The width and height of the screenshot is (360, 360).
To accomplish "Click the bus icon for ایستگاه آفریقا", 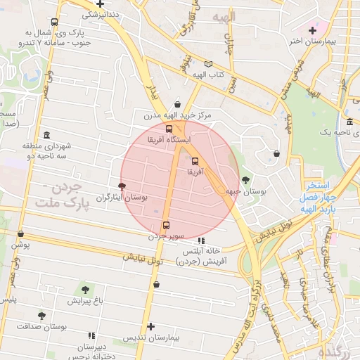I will pos(169,129).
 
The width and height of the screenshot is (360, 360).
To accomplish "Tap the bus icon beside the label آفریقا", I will pos(195,160).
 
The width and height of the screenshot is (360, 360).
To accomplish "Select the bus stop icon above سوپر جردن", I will pos(166,225).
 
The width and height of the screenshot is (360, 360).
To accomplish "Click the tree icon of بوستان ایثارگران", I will pos(123,186).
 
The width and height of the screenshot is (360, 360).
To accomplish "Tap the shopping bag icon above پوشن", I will pos(20,233).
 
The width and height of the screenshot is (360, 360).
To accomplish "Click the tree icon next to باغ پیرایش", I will pos(85,289).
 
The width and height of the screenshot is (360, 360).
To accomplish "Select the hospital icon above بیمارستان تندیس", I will pos(150,326).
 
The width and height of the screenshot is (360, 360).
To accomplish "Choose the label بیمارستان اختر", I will pos(306,41).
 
